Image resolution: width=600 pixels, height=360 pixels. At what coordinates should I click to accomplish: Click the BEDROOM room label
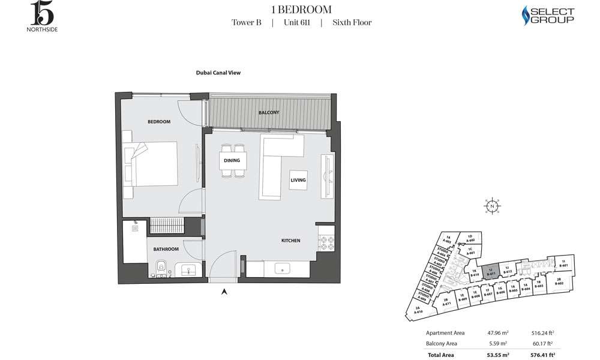point(159,122)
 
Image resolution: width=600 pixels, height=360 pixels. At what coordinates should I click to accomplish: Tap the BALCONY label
point(269,113)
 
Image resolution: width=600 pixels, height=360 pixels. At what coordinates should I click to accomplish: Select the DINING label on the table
point(232,160)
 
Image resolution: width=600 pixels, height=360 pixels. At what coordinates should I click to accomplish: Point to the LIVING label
point(298,180)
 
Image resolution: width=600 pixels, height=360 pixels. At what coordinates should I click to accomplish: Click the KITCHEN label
point(291,241)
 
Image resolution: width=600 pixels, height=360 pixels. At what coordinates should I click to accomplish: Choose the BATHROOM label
point(166,249)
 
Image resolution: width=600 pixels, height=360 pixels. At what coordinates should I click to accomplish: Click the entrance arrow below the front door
point(224,292)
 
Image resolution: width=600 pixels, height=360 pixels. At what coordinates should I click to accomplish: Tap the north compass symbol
point(492,206)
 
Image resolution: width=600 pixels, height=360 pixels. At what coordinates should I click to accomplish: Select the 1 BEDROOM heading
point(302,9)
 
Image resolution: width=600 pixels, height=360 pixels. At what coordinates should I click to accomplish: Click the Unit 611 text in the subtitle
point(296,23)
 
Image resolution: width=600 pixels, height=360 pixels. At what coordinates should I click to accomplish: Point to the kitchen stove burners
point(327,244)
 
